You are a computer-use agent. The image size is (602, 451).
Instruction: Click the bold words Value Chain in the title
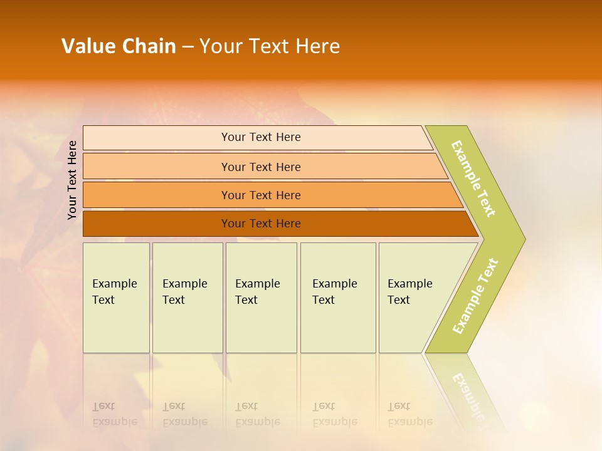tap(119, 46)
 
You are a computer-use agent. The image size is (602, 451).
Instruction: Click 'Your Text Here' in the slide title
tap(270, 46)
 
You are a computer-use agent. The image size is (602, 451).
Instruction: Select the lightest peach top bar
tap(157, 137)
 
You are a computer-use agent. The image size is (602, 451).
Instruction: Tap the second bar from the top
tap(157, 167)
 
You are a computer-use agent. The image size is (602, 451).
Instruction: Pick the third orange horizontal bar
tap(157, 195)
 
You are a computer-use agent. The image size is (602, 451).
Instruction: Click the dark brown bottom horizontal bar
tap(157, 224)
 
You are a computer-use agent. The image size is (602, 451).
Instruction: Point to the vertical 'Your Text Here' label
tap(72, 180)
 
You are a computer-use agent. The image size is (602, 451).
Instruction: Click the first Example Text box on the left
tap(116, 298)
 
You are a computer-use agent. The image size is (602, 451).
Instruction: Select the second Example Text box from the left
tap(187, 298)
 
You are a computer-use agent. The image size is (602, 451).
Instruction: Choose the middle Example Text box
tap(261, 298)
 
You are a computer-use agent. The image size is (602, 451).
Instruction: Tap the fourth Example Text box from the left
tap(338, 298)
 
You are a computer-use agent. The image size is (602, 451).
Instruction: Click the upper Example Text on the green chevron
tap(473, 179)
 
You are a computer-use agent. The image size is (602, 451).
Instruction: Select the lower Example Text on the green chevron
tap(475, 296)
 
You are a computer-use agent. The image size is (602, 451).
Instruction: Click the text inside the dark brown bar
tap(261, 224)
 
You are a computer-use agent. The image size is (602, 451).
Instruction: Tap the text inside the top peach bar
tap(261, 137)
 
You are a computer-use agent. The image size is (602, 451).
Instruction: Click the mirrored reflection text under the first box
tap(114, 414)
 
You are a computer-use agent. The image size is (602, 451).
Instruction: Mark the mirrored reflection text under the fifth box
tap(410, 414)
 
